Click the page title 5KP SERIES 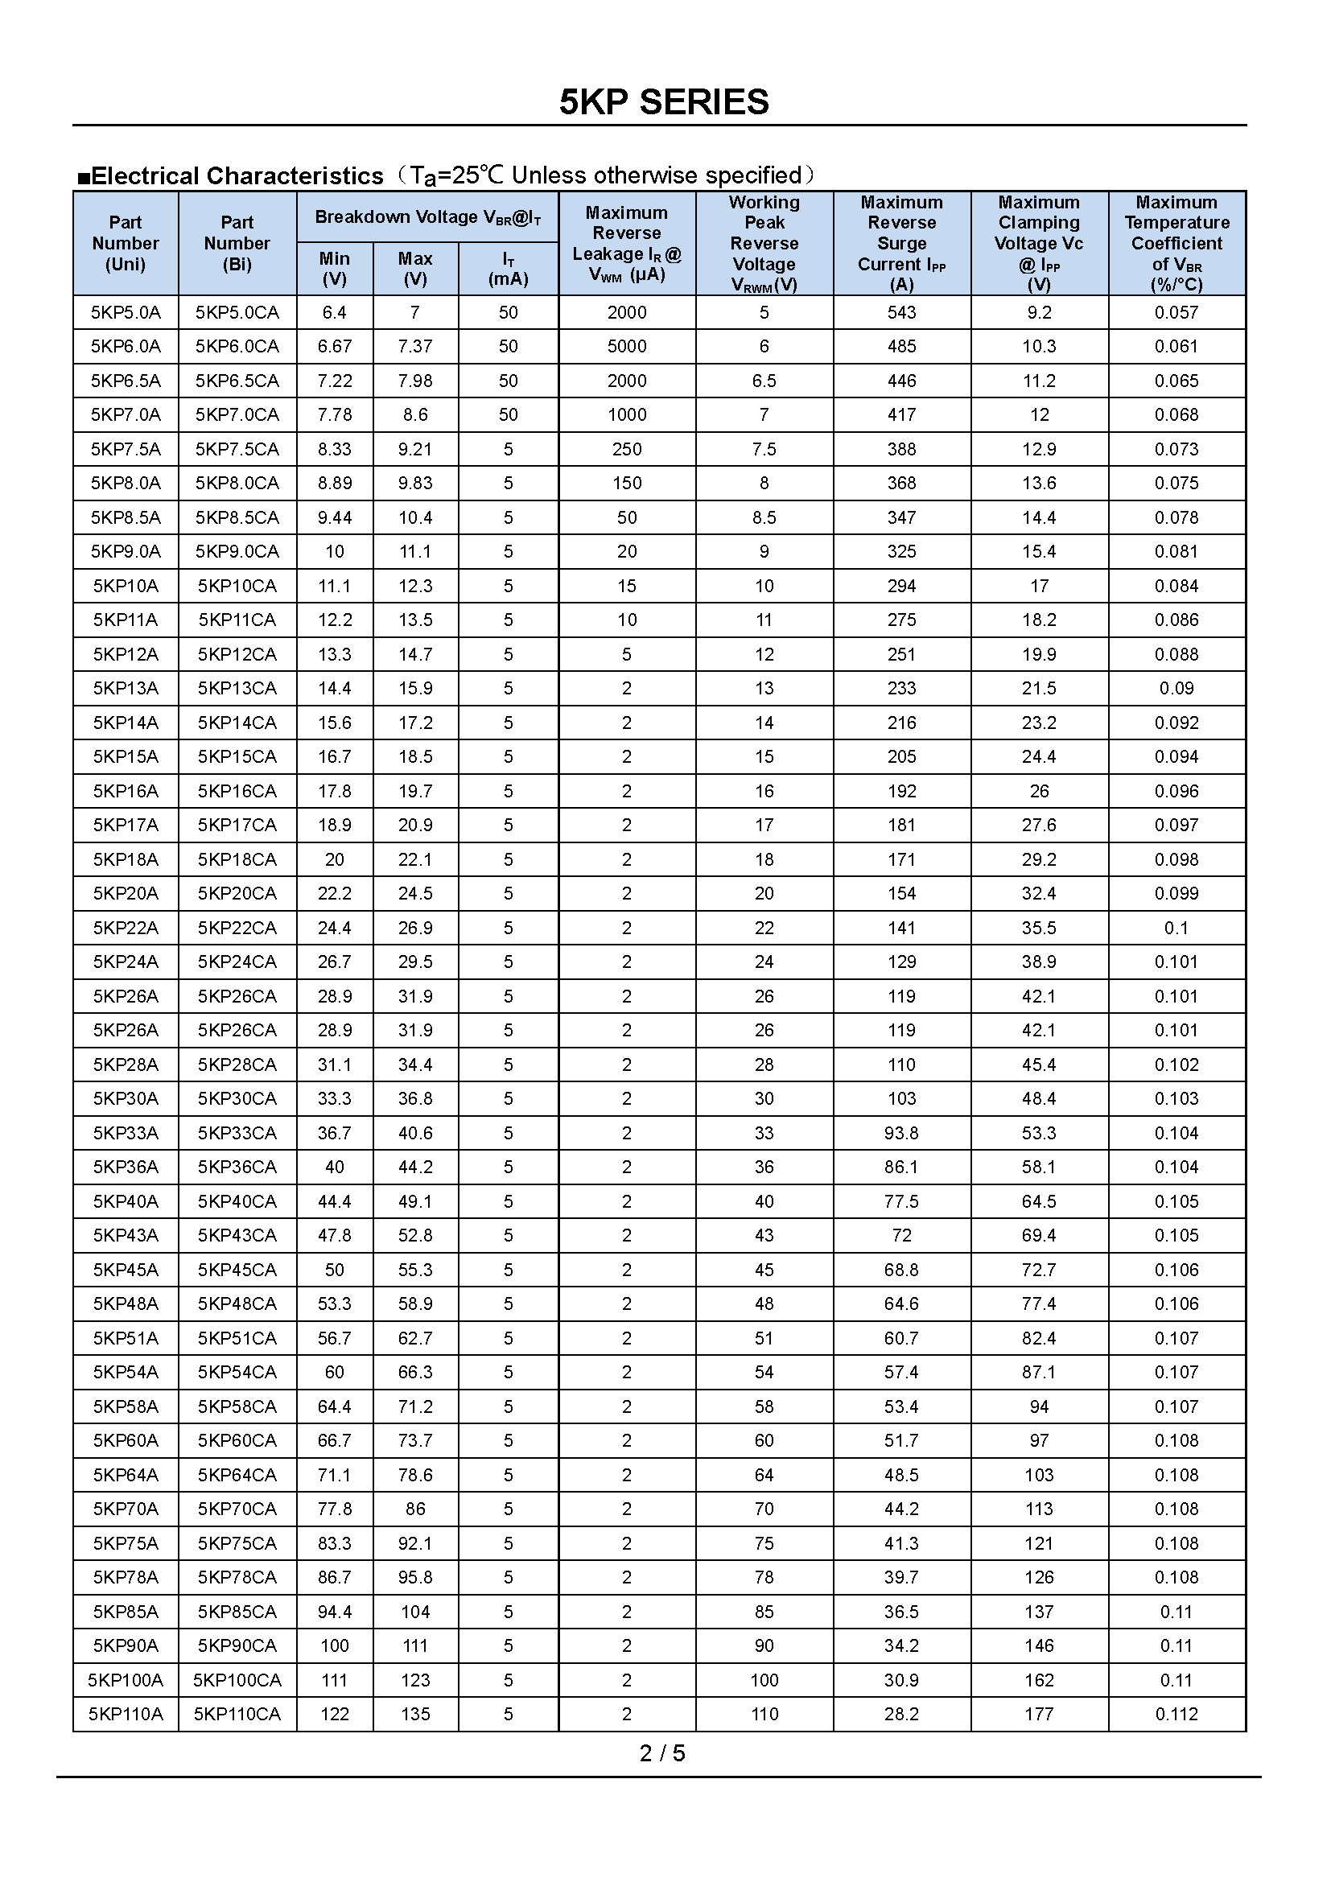(664, 102)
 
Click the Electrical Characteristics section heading (237, 176)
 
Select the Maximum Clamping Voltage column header (1038, 243)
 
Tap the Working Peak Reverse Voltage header (764, 243)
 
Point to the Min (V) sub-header (335, 268)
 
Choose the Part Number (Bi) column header (237, 243)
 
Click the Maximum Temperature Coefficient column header (1176, 243)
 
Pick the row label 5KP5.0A (126, 312)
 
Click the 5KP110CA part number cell (237, 1713)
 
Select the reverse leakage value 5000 (627, 346)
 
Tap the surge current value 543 (901, 312)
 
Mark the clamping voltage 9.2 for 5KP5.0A (1038, 312)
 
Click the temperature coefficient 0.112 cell (1176, 1713)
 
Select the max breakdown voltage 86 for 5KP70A (415, 1508)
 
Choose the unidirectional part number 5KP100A (126, 1679)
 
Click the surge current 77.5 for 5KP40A (901, 1200)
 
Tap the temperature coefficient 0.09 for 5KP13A (1176, 688)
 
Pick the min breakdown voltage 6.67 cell (335, 346)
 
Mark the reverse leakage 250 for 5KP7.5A (627, 449)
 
